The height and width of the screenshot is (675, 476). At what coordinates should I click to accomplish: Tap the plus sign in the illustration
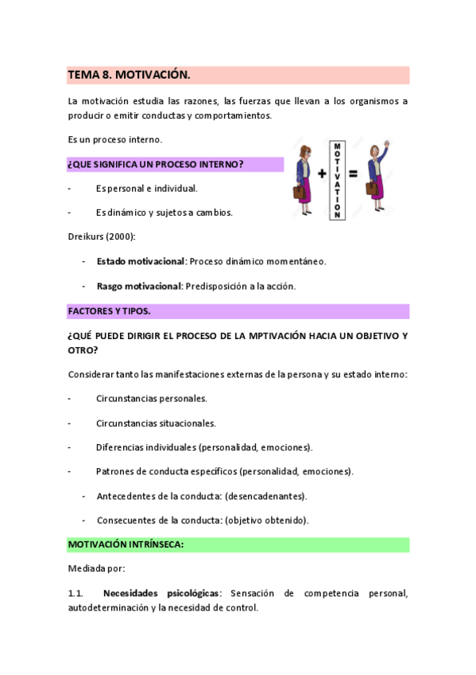coord(322,174)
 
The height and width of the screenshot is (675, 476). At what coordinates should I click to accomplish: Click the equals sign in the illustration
coord(352,174)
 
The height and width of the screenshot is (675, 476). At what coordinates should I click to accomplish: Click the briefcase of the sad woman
coord(300,192)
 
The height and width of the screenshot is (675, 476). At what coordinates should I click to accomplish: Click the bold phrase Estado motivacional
coord(141,261)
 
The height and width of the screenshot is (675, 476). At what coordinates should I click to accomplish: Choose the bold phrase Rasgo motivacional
coord(139,286)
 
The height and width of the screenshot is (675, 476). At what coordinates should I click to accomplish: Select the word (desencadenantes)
coord(265,496)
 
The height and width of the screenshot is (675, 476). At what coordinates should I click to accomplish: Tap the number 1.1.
coord(75,593)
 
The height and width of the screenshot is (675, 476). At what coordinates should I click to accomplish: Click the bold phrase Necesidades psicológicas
coord(161,593)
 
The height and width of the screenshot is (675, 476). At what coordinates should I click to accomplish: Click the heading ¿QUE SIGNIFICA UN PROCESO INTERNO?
coord(156,164)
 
